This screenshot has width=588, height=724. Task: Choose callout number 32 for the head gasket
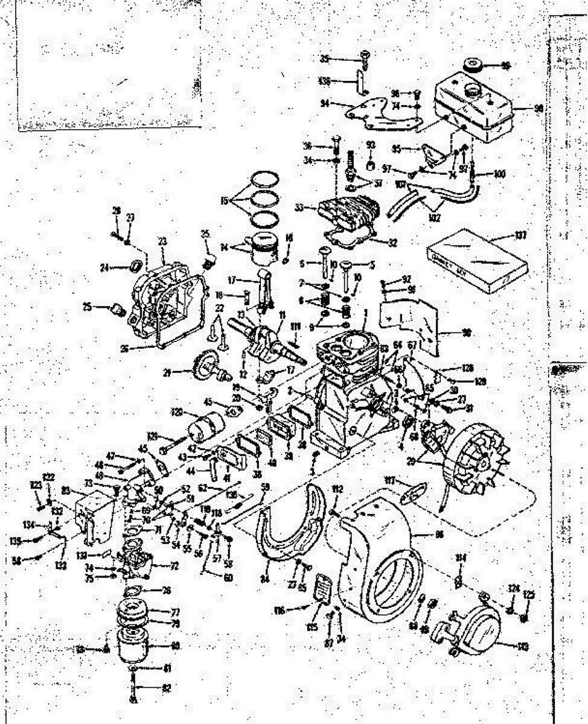[392, 243]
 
